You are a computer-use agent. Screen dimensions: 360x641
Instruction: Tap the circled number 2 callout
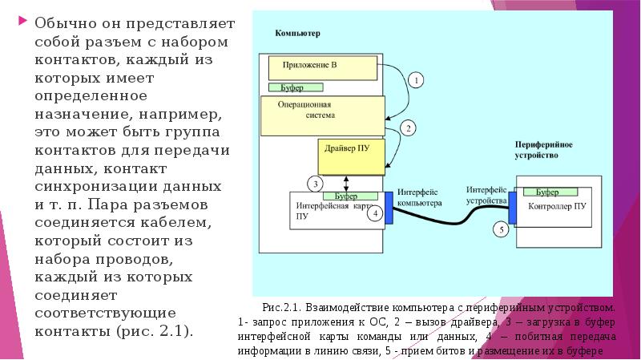407,127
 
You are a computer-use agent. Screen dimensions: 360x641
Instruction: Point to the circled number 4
374,213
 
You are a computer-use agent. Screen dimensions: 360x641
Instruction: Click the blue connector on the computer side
389,206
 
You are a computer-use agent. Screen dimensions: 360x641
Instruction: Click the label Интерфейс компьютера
419,197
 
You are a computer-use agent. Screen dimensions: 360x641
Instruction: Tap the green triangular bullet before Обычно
22,22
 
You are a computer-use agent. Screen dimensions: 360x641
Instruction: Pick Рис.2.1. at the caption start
280,307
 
